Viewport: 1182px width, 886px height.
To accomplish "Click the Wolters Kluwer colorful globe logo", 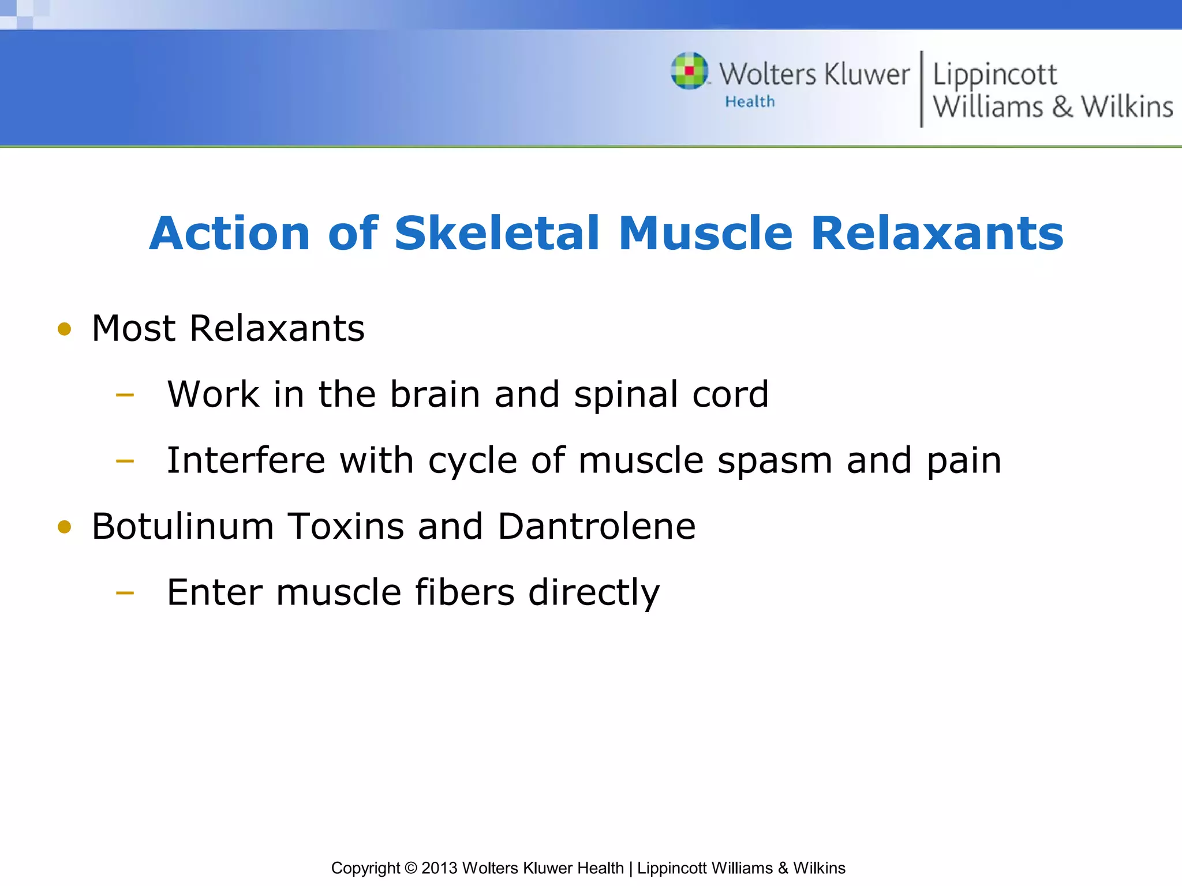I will pos(689,71).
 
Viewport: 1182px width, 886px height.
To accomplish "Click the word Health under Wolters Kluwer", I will pos(750,102).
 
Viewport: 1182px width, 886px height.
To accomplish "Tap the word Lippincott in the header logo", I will pos(994,76).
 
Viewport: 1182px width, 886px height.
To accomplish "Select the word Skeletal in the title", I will pos(497,233).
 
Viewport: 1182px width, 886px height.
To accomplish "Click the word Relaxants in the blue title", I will pos(937,233).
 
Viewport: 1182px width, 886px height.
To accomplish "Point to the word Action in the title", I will pos(230,233).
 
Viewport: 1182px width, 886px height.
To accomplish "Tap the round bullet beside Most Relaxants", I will pos(65,329).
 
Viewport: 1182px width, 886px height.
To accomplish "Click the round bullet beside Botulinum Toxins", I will pos(65,527).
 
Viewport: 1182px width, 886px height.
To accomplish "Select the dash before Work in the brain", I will pos(125,396).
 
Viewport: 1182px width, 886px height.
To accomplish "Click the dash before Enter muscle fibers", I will pos(125,593).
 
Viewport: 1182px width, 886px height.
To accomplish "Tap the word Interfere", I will pos(246,460).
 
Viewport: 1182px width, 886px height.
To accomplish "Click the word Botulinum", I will pos(182,526).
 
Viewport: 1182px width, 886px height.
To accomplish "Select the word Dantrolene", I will pos(596,526).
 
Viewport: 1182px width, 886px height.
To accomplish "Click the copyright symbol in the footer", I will pos(410,868).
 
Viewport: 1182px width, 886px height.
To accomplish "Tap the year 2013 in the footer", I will pos(439,868).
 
